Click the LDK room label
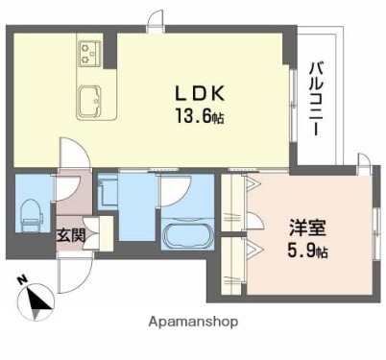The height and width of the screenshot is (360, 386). click(199, 94)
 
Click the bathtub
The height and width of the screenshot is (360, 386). click(184, 237)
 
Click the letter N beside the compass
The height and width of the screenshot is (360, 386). click(21, 282)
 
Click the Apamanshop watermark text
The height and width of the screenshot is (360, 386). click(192, 323)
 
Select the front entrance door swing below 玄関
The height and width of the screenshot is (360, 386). click(72, 278)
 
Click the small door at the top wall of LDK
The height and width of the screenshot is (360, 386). click(155, 21)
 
